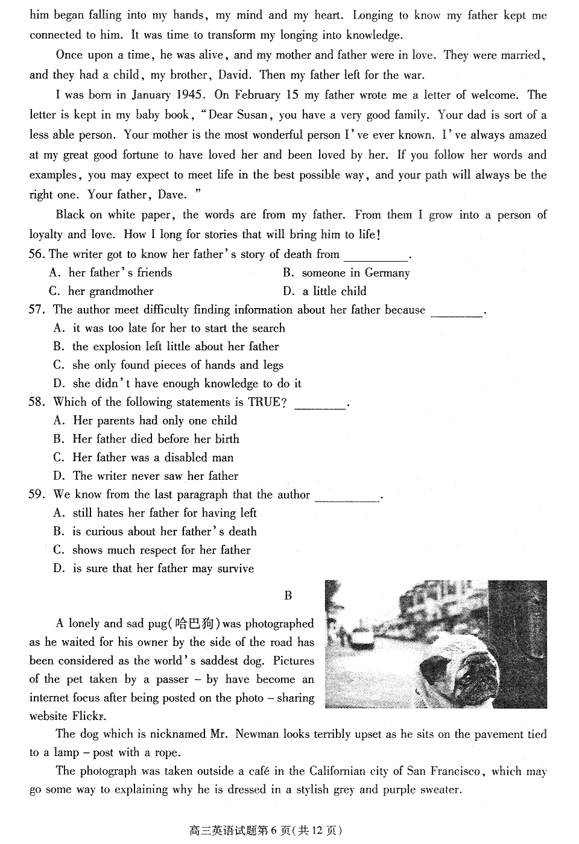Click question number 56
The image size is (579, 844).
37,254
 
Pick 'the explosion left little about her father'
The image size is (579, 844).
175,347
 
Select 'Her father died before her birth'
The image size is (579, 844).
156,439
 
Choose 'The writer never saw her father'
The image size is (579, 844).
155,476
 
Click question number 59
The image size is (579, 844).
37,495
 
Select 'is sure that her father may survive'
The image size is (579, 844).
163,568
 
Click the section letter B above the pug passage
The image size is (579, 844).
288,596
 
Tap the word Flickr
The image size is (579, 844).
89,716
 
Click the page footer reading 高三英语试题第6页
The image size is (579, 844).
265,831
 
